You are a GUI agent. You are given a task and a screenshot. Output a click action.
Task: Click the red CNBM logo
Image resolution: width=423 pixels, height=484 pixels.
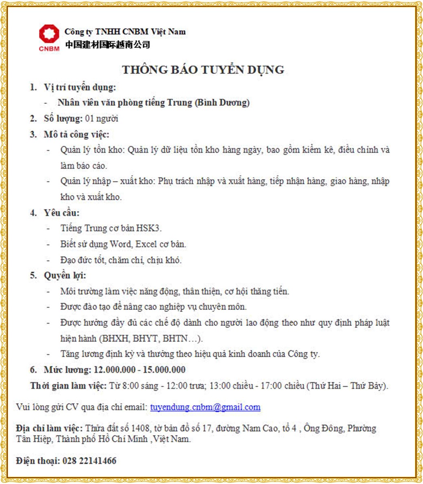point(49,37)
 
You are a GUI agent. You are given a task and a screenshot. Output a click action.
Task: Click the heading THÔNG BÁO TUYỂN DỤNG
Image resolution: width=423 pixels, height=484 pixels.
point(203,70)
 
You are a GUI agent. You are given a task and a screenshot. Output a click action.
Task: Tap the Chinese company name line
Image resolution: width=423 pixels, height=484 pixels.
point(107,44)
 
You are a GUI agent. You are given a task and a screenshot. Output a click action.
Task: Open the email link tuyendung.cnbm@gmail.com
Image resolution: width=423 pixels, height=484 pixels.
point(205,407)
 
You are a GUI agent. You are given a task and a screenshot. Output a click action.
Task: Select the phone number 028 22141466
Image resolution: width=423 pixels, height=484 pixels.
point(89,461)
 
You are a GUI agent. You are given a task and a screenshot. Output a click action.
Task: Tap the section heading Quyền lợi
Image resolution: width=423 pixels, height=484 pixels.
point(65,275)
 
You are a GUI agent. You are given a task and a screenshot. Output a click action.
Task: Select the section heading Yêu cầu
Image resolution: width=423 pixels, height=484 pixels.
point(61,212)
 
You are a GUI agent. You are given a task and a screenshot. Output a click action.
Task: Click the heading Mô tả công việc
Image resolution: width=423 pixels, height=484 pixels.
point(76,134)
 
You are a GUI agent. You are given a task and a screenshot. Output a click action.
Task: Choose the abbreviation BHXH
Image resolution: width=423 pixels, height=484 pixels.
point(111,338)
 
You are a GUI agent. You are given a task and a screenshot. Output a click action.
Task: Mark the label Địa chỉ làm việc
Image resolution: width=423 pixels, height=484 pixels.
point(50,428)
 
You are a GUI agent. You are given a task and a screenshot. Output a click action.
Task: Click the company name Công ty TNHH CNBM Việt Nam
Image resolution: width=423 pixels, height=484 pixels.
point(125,32)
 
